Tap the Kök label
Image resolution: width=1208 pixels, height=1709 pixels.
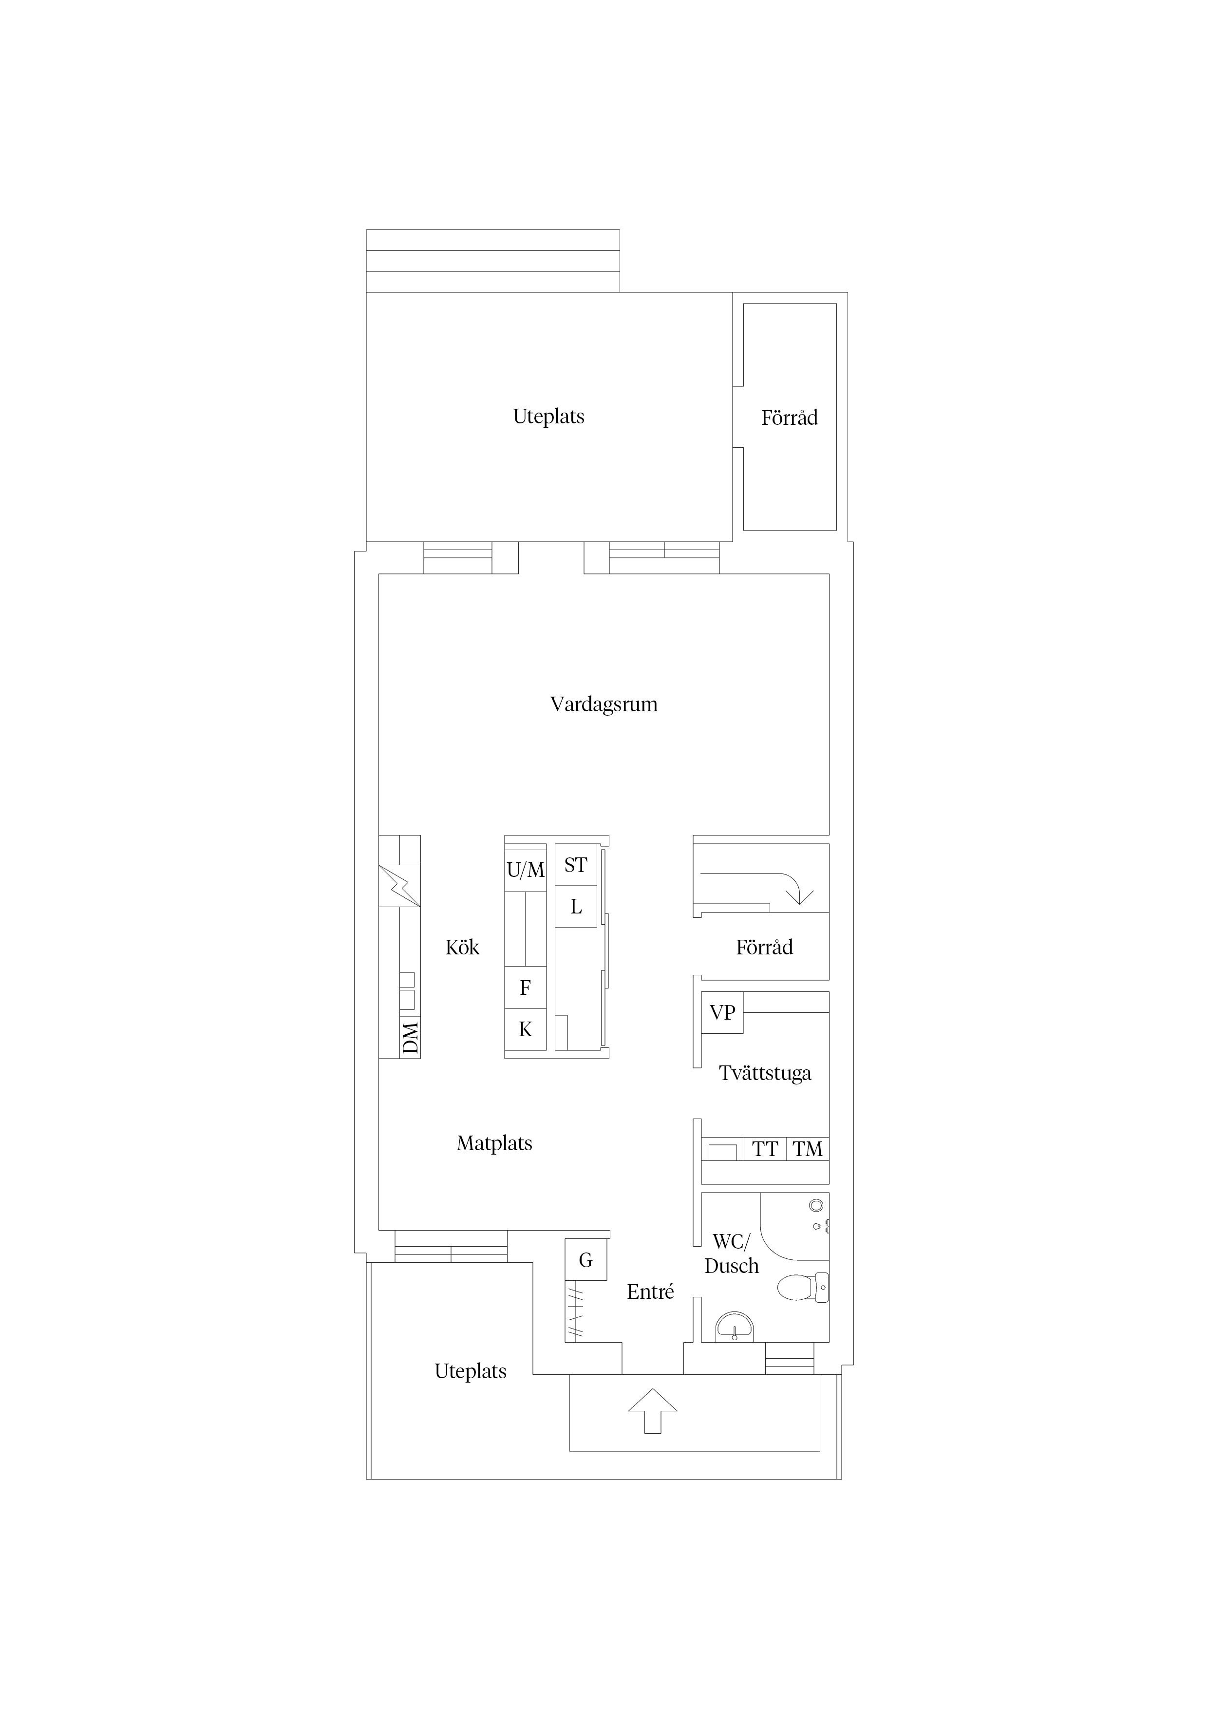click(x=462, y=948)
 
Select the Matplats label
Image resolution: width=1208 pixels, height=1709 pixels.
click(x=494, y=1143)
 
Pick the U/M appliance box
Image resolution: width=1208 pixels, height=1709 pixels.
click(x=526, y=870)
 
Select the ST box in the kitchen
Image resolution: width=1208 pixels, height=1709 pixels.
click(x=575, y=865)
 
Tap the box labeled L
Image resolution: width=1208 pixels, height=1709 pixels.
click(x=575, y=907)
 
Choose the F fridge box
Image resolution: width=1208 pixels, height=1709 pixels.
click(x=526, y=987)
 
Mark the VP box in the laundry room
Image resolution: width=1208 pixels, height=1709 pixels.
click(x=722, y=1012)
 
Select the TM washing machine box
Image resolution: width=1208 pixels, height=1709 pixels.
click(x=808, y=1149)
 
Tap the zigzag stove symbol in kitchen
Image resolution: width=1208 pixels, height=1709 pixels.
click(x=400, y=886)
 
